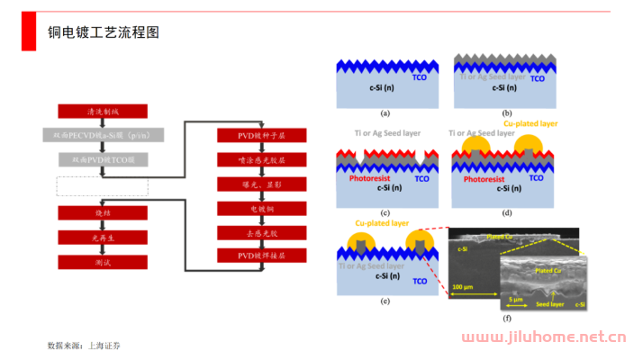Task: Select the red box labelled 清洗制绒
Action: (x=102, y=112)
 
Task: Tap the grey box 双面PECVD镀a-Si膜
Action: (x=102, y=136)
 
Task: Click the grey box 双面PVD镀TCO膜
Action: (x=102, y=160)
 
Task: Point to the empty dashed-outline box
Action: (x=102, y=186)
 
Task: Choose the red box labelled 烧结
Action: (x=102, y=213)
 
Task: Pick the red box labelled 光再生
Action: (x=102, y=238)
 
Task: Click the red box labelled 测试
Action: (x=102, y=263)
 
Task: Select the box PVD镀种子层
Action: (x=261, y=136)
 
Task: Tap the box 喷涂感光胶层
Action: (x=261, y=160)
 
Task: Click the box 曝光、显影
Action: (x=261, y=184)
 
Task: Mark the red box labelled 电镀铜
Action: (x=261, y=209)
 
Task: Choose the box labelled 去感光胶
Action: (x=261, y=233)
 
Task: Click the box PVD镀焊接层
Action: (x=261, y=256)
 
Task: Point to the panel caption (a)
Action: (x=385, y=113)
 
